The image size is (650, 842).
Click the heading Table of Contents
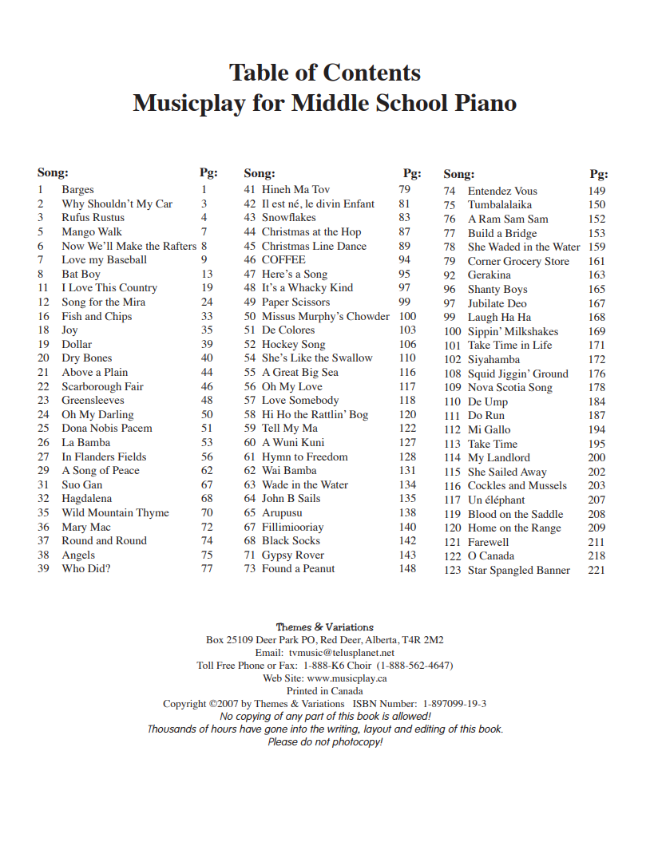pos(324,73)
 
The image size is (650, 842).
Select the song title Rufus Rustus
pos(93,217)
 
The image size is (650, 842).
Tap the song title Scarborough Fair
pos(102,386)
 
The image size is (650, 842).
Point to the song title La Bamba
pos(85,442)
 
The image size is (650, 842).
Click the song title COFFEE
pos(283,259)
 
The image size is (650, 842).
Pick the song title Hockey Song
pos(293,344)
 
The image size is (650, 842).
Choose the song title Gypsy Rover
pos(293,555)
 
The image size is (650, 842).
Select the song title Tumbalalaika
pos(499,204)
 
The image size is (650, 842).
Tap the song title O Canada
pos(490,555)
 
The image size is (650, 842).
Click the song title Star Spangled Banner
pos(518,570)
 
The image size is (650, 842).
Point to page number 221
pos(596,570)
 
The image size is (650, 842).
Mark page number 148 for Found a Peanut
pos(407,568)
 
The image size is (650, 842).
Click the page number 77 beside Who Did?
pos(207,568)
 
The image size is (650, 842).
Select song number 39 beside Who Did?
pos(44,568)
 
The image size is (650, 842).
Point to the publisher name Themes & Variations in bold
pos(324,627)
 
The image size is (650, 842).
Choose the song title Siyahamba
pos(493,359)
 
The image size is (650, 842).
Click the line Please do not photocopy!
pos(325,742)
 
